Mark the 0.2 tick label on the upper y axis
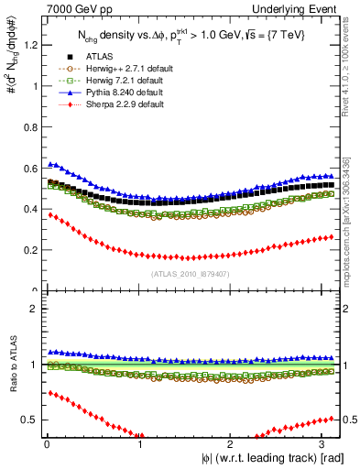(27, 250)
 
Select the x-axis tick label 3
(328, 445)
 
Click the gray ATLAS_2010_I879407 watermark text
(191, 273)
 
